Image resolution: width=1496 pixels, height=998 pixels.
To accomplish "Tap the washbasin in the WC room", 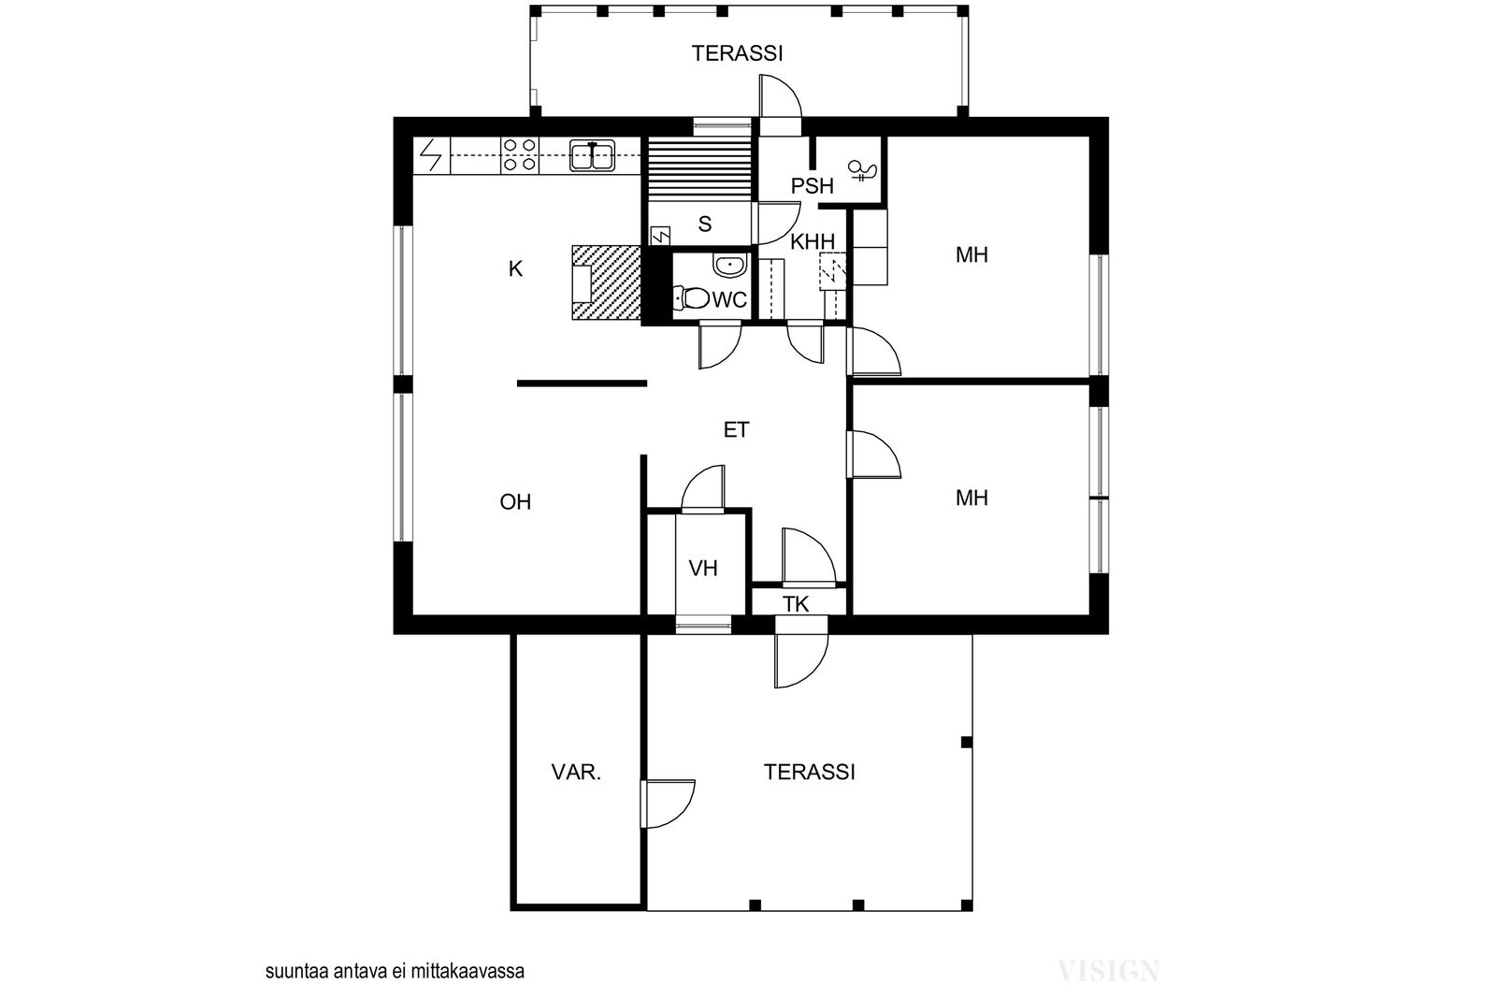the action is tap(729, 266).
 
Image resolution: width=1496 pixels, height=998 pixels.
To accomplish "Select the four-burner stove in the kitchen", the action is tap(520, 154).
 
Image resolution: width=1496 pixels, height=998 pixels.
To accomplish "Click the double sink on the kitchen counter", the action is tap(592, 155).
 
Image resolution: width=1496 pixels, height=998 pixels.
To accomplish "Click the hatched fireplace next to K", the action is tap(607, 282).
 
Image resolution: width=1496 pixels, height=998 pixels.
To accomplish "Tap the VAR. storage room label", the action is tap(576, 773).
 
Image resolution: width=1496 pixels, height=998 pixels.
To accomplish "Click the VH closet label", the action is tap(703, 569).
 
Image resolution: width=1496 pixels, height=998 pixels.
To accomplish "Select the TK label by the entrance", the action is tap(796, 604).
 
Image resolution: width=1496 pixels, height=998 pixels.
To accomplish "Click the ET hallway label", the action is tap(736, 429).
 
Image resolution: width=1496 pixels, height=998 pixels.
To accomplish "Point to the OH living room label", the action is tap(515, 501).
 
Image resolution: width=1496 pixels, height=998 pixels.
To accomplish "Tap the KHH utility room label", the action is tap(813, 242).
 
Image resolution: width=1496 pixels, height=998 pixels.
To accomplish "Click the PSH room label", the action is tap(813, 186).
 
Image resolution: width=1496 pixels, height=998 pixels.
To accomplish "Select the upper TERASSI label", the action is tap(738, 53).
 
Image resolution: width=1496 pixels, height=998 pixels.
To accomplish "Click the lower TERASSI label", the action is tap(810, 773).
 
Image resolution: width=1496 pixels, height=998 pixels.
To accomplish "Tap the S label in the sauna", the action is tap(705, 224).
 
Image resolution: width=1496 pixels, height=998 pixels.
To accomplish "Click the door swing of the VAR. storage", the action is tap(669, 804).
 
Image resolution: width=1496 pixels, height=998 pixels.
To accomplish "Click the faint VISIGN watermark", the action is tap(1109, 971).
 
